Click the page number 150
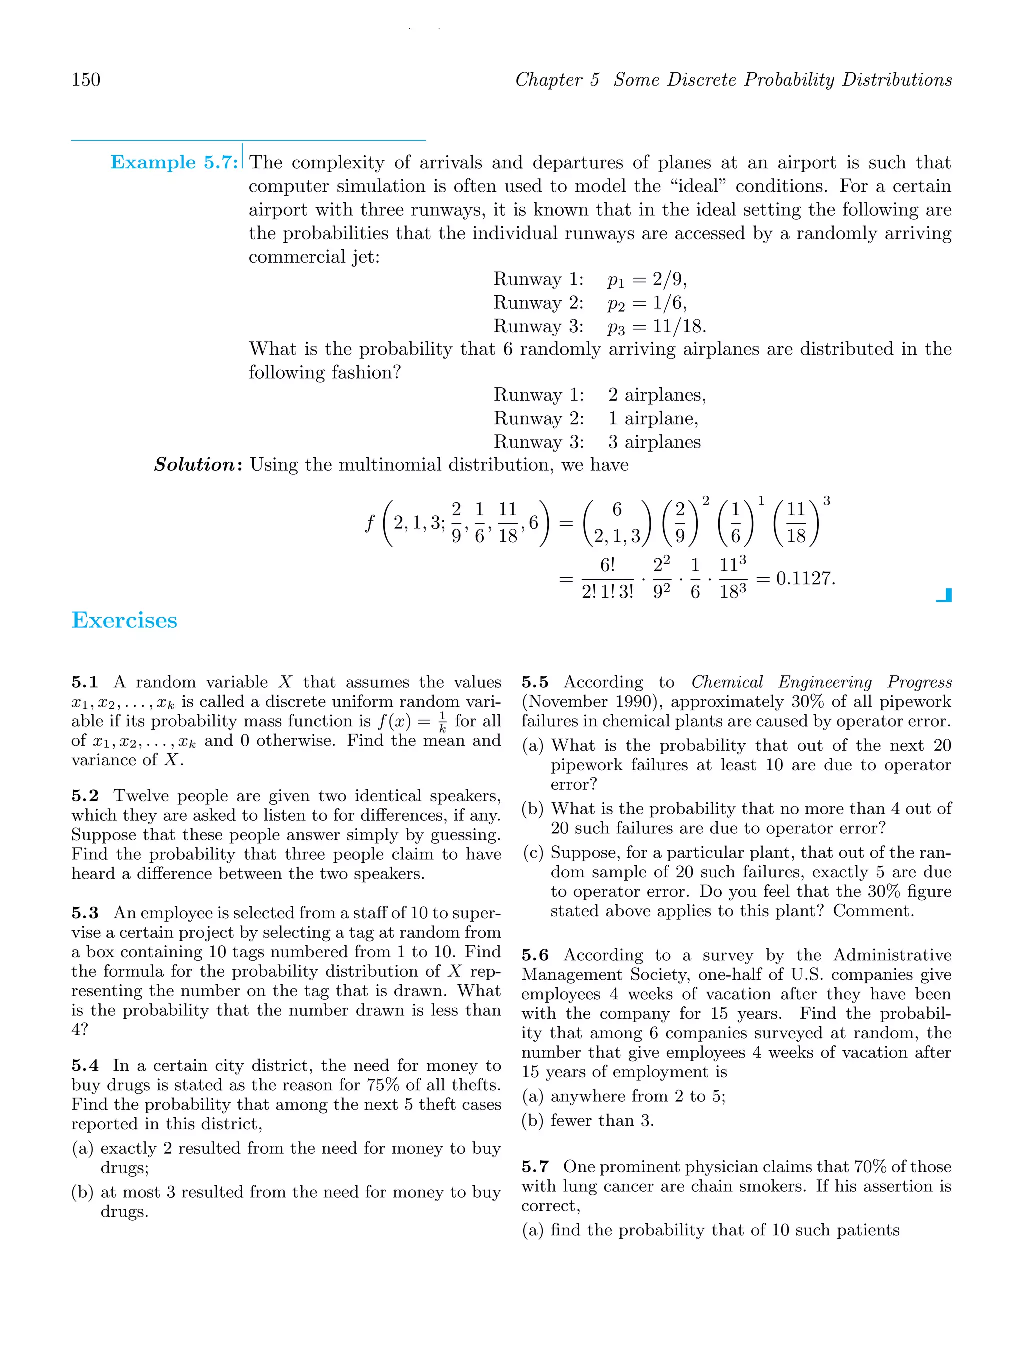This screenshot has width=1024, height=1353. [x=86, y=80]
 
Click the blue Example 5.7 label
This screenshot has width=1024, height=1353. [x=173, y=162]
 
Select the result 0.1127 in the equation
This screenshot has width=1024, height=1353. [x=805, y=578]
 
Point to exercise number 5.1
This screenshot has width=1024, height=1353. [x=85, y=682]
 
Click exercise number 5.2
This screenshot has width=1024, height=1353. [x=85, y=796]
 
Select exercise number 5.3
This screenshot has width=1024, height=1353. [x=85, y=913]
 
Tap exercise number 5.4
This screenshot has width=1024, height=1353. [x=85, y=1066]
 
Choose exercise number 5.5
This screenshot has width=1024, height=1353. [x=535, y=682]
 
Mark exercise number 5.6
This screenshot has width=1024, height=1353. [x=535, y=955]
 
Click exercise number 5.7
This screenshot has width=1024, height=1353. [x=535, y=1167]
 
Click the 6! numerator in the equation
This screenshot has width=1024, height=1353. [x=607, y=565]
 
